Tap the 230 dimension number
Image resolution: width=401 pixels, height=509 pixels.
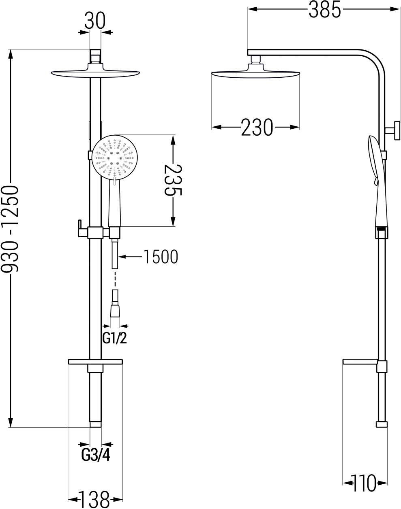[x=257, y=127]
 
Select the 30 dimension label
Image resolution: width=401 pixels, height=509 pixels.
[x=95, y=20]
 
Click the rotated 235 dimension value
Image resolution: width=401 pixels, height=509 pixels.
[x=173, y=181]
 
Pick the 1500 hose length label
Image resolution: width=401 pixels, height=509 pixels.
[x=161, y=257]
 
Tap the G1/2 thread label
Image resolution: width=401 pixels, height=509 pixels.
[x=115, y=339]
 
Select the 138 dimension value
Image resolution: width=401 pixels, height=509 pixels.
[x=94, y=499]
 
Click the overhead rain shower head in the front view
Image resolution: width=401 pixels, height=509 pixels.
[x=95, y=70]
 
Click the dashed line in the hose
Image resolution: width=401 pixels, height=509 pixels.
[x=115, y=279]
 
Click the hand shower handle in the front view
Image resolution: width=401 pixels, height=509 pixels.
[x=115, y=202]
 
